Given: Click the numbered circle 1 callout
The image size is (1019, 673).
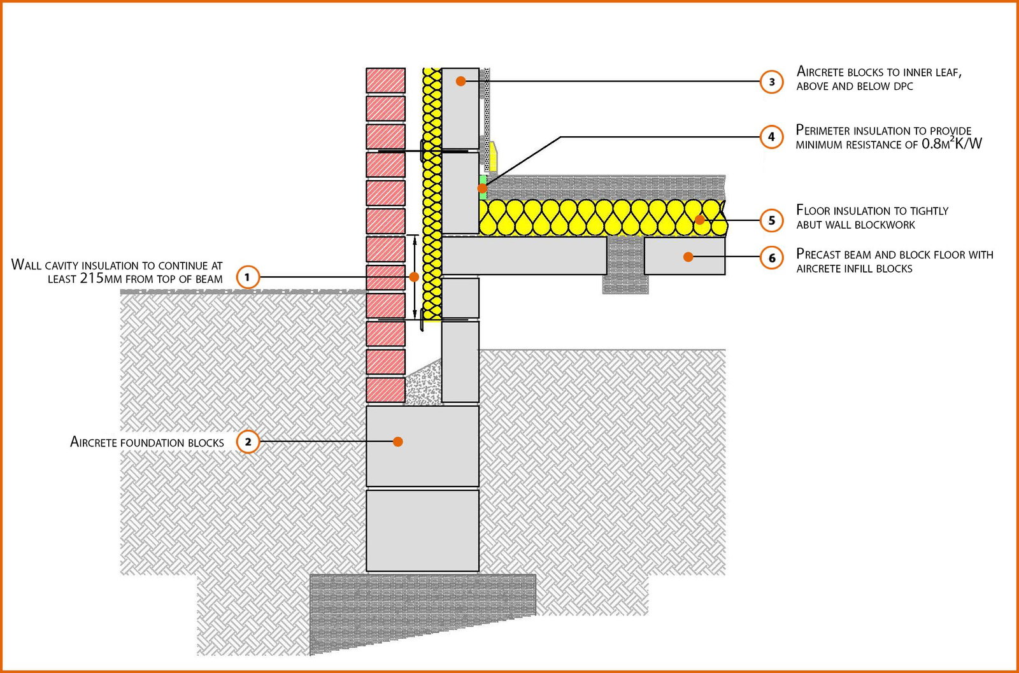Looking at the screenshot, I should pyautogui.click(x=248, y=277).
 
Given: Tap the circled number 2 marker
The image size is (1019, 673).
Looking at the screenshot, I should pyautogui.click(x=248, y=442).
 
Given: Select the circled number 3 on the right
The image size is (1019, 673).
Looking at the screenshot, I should pyautogui.click(x=772, y=81).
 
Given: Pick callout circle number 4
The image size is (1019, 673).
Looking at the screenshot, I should pyautogui.click(x=772, y=136).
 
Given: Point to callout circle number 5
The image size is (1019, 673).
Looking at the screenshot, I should pyautogui.click(x=772, y=220).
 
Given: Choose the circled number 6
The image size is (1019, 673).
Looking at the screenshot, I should pyautogui.click(x=772, y=257).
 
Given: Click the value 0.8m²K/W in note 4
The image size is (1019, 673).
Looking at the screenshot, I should pyautogui.click(x=951, y=144).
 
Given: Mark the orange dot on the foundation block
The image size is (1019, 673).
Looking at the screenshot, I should pyautogui.click(x=398, y=441).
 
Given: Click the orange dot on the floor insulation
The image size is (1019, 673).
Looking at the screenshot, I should pyautogui.click(x=700, y=220).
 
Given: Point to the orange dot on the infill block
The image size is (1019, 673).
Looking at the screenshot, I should pyautogui.click(x=688, y=257).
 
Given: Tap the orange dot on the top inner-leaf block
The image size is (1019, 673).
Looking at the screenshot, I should pyautogui.click(x=460, y=81).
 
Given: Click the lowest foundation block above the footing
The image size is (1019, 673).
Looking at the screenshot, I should pyautogui.click(x=422, y=530).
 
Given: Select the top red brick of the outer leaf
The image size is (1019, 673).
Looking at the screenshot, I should pyautogui.click(x=385, y=81).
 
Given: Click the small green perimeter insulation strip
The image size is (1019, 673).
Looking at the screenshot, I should pyautogui.click(x=483, y=187).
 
